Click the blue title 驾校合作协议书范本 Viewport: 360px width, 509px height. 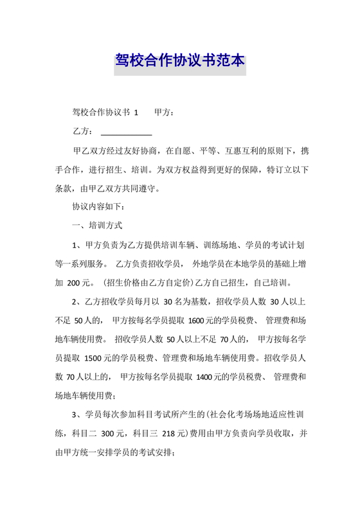180,62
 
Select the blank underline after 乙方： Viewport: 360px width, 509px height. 126,132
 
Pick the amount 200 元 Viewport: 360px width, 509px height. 78,282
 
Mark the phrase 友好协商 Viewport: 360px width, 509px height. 141,152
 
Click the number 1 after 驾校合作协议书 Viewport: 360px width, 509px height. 136,113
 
